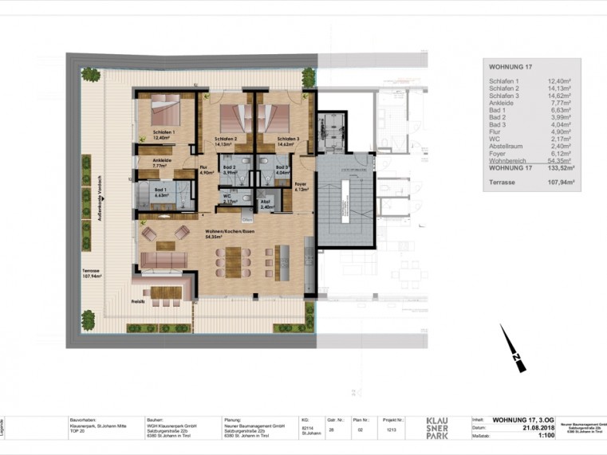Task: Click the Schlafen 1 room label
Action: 164,133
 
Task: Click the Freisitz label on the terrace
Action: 138,302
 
